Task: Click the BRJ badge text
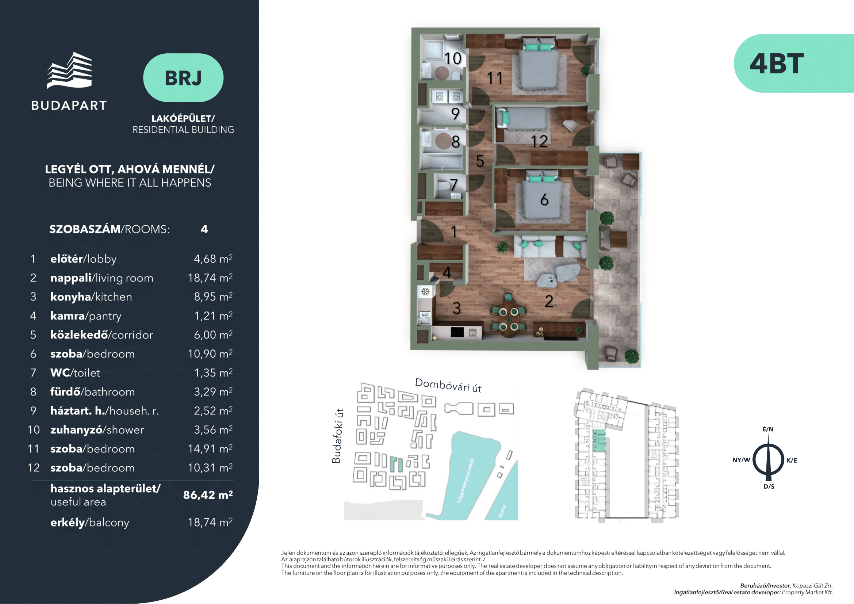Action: (183, 78)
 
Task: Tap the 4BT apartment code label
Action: (777, 64)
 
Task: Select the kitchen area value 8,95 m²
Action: (213, 297)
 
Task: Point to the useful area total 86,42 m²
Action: (208, 495)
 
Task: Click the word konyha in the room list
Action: (71, 297)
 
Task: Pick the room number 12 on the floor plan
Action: (539, 141)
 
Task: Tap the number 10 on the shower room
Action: (453, 58)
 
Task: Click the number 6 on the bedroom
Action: (544, 200)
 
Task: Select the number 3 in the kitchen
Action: (457, 308)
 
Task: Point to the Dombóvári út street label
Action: (448, 385)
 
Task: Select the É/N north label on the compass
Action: (768, 429)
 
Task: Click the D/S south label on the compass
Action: (769, 486)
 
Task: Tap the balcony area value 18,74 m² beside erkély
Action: (210, 522)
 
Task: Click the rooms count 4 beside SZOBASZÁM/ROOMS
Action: (204, 229)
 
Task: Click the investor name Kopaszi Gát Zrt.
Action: (812, 585)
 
